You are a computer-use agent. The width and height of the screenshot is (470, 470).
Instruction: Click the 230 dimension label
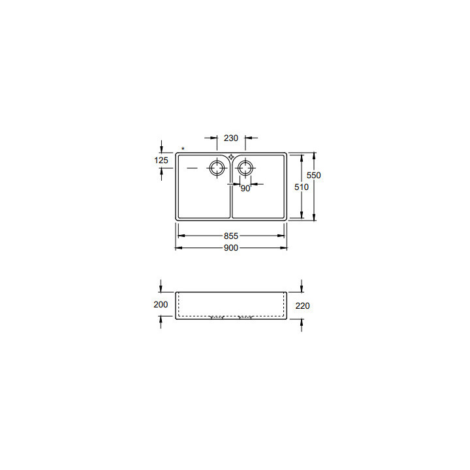231,138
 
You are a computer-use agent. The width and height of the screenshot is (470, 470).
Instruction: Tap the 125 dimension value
162,160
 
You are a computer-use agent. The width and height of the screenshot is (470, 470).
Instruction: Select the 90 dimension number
245,189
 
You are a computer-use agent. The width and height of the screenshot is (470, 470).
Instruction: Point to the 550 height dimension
315,175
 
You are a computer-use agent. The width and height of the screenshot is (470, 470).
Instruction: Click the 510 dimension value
301,187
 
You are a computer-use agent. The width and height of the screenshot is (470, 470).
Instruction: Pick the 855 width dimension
231,236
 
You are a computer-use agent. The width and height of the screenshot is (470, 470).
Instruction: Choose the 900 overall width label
231,248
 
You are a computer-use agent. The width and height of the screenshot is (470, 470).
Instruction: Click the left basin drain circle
216,168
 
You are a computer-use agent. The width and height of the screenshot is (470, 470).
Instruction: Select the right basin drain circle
245,168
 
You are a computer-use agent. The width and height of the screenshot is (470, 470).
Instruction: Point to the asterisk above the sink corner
183,149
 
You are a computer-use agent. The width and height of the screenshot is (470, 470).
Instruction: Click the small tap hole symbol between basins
231,157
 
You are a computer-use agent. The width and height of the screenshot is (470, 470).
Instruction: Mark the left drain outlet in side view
217,318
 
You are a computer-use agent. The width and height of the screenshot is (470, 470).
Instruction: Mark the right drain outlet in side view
245,318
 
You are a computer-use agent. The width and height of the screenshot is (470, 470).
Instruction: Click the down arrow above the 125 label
162,146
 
